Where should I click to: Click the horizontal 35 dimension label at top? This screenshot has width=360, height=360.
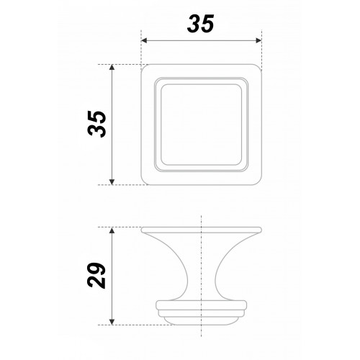tap(200, 24)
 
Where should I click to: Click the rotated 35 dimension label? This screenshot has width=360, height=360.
tap(97, 124)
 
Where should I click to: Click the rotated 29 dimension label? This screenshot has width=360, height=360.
tap(96, 275)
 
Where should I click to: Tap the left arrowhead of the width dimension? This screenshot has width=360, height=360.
tap(144, 40)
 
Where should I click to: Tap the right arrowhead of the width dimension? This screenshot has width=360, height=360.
tap(258, 40)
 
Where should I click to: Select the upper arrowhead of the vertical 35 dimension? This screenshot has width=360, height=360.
tap(112, 67)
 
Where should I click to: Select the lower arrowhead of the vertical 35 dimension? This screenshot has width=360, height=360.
tap(112, 182)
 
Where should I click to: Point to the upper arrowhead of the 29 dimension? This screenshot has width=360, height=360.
tap(112, 230)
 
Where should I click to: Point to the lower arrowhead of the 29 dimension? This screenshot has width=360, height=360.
tap(112, 322)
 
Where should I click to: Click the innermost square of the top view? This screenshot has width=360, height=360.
tap(202, 84)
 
